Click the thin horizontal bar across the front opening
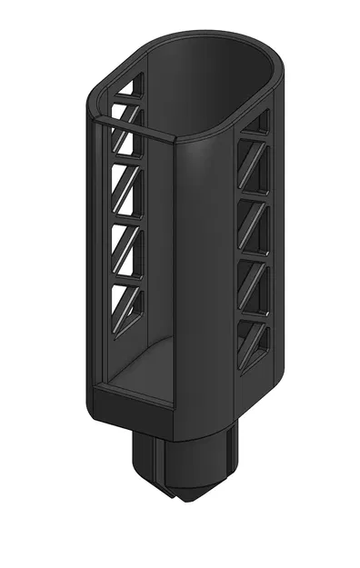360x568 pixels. coord(136,127)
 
